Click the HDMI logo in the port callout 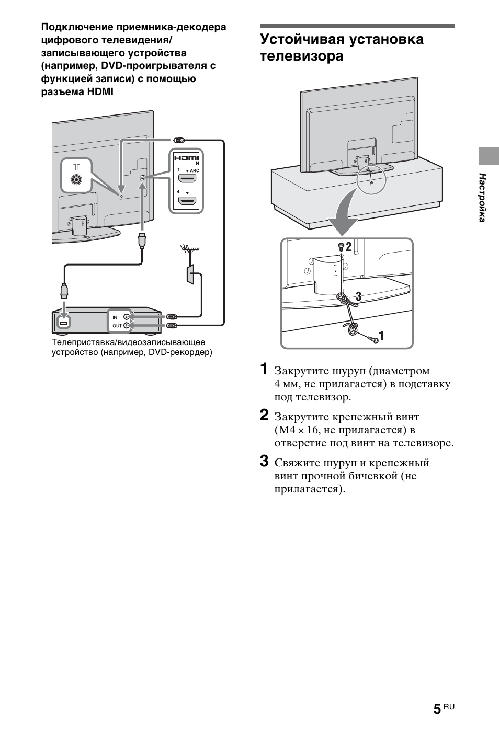point(187,158)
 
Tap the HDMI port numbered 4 point(187,200)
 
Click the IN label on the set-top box point(115,317)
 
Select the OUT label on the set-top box point(117,326)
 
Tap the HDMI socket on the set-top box point(64,323)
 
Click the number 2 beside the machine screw point(349,245)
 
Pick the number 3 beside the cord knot point(358,296)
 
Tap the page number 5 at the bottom point(437,709)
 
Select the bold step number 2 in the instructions point(265,416)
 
